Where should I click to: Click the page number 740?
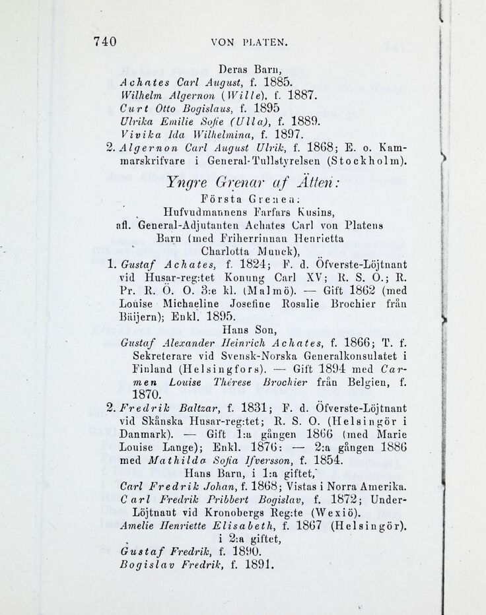click(105, 42)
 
